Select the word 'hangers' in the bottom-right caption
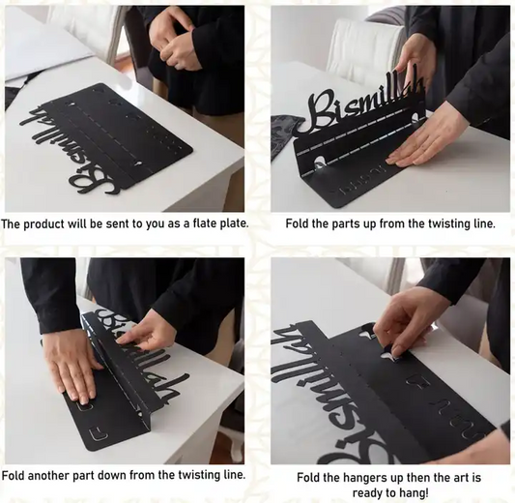pyautogui.click(x=364, y=478)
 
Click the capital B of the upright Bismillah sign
pyautogui.click(x=320, y=111)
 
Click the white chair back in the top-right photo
pyautogui.click(x=365, y=51)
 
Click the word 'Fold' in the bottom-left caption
pyautogui.click(x=14, y=475)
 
